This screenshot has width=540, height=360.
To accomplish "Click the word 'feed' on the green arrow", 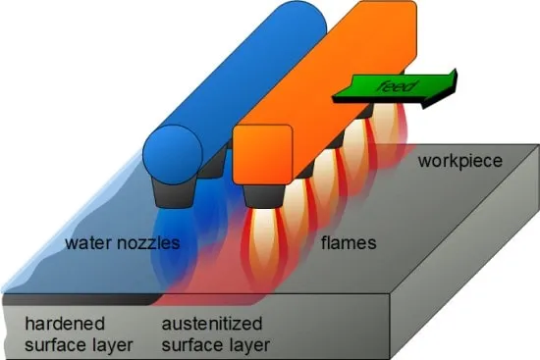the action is tap(396, 86).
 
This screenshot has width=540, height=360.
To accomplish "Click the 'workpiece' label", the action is tap(460, 162).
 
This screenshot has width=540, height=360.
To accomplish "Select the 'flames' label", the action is tap(349, 243).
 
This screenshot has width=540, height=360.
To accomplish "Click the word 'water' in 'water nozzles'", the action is tap(88, 243).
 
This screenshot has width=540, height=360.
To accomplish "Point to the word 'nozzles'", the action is tap(149, 243).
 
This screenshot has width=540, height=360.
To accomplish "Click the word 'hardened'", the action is tap(65, 324).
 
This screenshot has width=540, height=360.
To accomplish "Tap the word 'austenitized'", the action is tap(212, 324).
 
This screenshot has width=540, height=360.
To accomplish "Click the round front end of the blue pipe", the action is tap(173, 155).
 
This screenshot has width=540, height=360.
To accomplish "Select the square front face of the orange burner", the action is tap(263, 155).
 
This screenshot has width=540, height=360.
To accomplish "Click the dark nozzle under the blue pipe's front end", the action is tap(173, 195).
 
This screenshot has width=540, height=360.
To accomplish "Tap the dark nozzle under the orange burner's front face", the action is tap(264, 196).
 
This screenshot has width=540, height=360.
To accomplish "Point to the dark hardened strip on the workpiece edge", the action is tap(81, 300).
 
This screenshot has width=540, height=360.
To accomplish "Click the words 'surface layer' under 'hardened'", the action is tap(79, 345).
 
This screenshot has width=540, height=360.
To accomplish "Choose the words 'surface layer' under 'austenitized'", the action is tap(216, 345).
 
